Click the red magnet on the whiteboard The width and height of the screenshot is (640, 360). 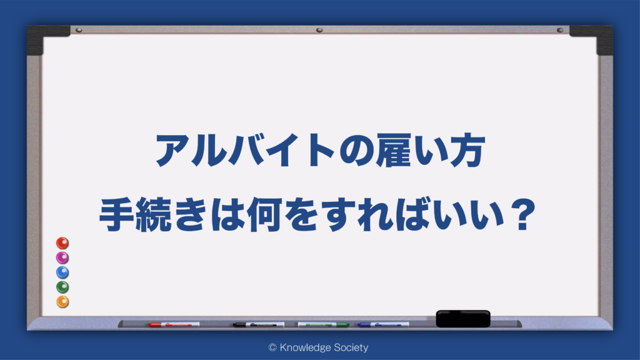[62, 243]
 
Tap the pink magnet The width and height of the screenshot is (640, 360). [62, 258]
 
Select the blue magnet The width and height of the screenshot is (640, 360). [62, 272]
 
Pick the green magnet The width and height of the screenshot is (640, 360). [62, 287]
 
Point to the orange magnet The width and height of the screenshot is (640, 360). [62, 302]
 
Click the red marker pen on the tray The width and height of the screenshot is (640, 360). [174, 325]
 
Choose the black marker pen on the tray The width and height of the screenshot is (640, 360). [259, 325]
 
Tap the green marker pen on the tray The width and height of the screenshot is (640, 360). [323, 325]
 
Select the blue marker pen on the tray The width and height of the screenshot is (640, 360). [383, 325]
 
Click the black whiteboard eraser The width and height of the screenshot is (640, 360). [463, 319]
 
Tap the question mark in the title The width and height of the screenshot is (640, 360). [522, 214]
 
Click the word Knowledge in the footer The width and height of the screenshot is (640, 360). [305, 347]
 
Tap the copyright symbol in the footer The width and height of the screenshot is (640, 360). [272, 347]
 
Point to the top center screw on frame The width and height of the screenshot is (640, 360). [319, 30]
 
